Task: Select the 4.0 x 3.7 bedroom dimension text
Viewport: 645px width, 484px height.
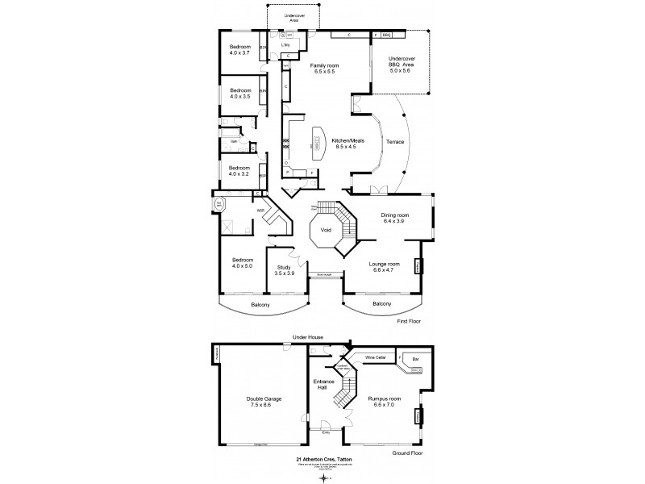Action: click(x=239, y=53)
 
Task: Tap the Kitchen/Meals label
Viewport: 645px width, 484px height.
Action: click(x=348, y=141)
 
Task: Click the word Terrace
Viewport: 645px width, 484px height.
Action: click(x=395, y=143)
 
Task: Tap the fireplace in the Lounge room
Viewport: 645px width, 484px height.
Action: click(x=418, y=265)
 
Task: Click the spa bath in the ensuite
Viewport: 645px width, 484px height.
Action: click(x=218, y=205)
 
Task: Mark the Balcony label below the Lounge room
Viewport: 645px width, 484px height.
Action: click(x=382, y=303)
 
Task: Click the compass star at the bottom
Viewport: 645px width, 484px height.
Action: click(x=322, y=477)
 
